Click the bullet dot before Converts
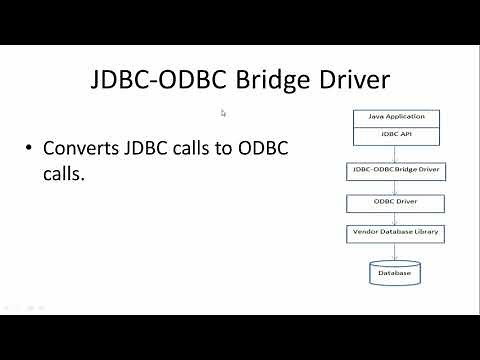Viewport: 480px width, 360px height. pos(29,149)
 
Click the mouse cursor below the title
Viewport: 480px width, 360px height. pos(223,113)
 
